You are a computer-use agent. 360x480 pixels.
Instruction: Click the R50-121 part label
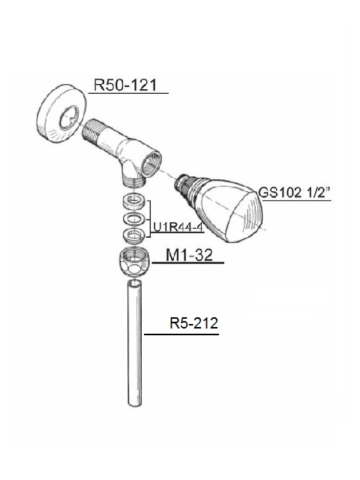click(x=125, y=85)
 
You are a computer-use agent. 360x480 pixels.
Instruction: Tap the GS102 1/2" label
click(x=295, y=193)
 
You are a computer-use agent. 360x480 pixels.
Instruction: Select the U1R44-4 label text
click(x=178, y=227)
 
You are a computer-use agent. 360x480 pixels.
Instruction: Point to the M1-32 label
click(x=189, y=255)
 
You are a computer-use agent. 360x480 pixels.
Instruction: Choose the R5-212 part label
click(x=193, y=323)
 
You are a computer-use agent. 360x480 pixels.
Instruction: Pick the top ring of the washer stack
click(x=134, y=202)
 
